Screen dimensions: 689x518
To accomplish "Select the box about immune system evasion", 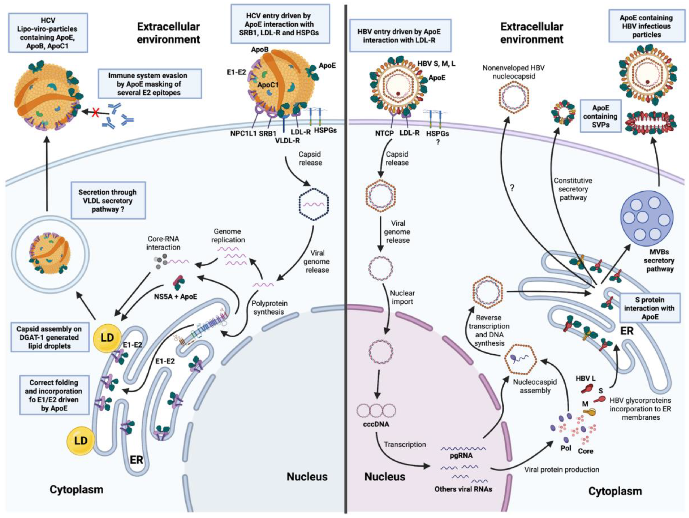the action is click(x=150, y=84).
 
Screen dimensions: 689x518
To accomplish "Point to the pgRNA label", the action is click(x=461, y=456).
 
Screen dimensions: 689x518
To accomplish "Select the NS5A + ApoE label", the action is click(x=176, y=296).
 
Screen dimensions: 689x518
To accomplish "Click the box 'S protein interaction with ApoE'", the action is click(x=650, y=308).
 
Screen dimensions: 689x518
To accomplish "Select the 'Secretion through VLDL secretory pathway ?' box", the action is click(x=108, y=200).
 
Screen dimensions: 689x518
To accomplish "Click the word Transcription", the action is click(x=405, y=444).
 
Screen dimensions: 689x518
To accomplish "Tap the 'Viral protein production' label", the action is click(x=562, y=470).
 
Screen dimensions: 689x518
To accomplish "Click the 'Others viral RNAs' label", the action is click(x=463, y=489).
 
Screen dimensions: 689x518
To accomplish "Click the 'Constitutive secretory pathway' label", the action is click(x=573, y=189).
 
